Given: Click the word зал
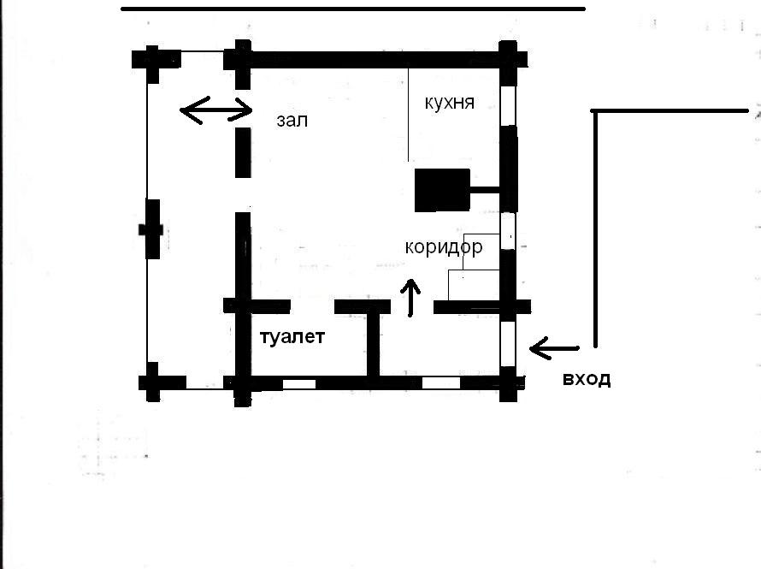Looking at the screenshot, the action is click(x=292, y=121).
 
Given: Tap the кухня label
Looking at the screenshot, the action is click(x=450, y=103).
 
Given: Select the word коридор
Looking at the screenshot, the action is click(x=444, y=247).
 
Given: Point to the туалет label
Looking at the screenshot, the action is click(x=292, y=337).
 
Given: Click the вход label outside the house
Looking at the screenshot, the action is click(x=587, y=379).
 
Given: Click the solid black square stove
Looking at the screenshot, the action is click(x=442, y=190).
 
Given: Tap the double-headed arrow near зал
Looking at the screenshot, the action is click(x=216, y=110).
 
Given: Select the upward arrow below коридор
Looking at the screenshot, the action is click(x=410, y=298).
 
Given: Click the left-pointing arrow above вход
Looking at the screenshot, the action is click(x=554, y=348).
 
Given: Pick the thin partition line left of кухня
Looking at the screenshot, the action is click(x=408, y=115).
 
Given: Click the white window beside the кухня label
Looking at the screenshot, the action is click(x=508, y=105).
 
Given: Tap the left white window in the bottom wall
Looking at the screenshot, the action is click(x=299, y=384).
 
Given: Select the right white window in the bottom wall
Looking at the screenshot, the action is click(x=441, y=383).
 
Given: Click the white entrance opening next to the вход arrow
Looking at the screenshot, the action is click(x=508, y=344).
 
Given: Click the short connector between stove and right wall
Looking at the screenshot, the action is click(x=485, y=190).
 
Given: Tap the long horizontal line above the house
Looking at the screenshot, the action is click(x=353, y=9).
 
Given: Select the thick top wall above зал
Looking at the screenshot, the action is click(x=375, y=60).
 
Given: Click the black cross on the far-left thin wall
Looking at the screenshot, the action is click(x=152, y=229).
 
